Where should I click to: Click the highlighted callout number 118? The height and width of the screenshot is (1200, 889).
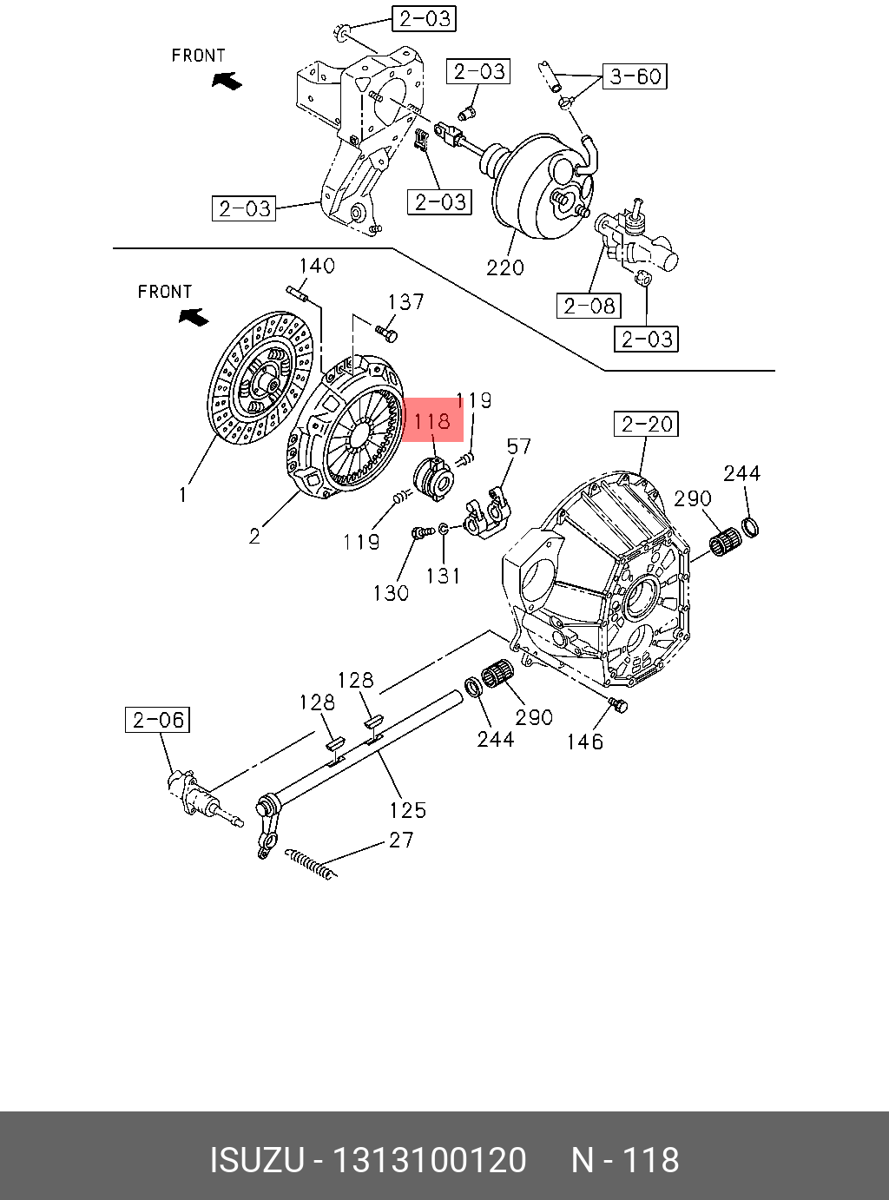(432, 421)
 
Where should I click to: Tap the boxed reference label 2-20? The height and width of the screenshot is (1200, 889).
(646, 424)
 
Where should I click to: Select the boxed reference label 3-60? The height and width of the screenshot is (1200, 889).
(635, 76)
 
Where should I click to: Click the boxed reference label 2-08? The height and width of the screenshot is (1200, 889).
(589, 306)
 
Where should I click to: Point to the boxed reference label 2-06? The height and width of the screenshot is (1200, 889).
(158, 720)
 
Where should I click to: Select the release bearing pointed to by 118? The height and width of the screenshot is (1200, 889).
(434, 478)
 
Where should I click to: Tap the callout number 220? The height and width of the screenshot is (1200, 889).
(505, 267)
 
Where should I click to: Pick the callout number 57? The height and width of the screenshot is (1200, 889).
(518, 446)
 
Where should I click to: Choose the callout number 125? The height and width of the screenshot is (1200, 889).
(407, 810)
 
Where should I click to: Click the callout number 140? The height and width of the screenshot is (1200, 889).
(317, 266)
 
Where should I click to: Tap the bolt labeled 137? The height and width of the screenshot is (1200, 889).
(386, 331)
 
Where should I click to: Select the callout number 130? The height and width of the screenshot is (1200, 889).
(391, 593)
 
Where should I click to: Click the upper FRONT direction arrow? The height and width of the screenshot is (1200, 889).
(227, 81)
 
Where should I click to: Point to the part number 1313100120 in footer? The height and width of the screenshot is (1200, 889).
(430, 1160)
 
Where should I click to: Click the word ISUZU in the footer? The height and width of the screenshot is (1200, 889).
(256, 1160)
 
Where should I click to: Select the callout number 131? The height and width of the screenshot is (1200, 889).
(444, 576)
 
